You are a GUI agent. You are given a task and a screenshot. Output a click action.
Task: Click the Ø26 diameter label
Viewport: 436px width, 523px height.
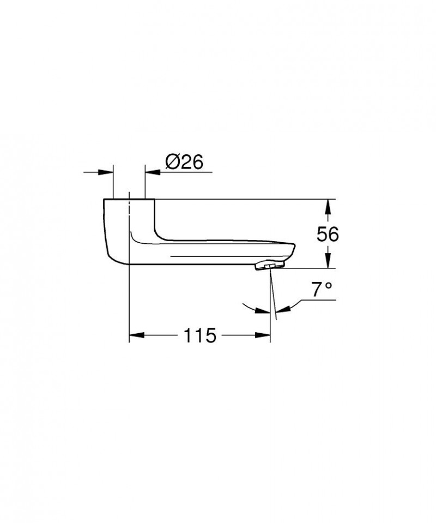[x=183, y=162]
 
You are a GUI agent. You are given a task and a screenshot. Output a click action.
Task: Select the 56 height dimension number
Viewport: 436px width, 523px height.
[x=327, y=234]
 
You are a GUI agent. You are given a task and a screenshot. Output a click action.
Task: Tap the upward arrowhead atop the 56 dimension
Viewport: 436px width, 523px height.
[x=327, y=206]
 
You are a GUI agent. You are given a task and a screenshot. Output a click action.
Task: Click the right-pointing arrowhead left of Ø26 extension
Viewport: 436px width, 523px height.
[x=107, y=172]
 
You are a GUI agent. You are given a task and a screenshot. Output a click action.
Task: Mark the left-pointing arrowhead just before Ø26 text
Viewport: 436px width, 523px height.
[x=151, y=172]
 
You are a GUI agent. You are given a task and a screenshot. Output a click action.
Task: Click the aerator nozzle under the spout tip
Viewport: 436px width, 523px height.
[x=269, y=266]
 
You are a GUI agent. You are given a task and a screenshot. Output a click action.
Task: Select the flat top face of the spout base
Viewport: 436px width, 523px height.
[x=129, y=200]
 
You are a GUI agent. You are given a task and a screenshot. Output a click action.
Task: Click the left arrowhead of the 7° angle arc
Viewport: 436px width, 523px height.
[x=265, y=311]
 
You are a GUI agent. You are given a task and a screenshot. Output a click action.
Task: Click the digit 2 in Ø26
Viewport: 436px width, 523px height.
[x=183, y=162]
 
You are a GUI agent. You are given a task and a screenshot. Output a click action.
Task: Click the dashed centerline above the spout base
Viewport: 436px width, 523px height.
[x=129, y=195]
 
